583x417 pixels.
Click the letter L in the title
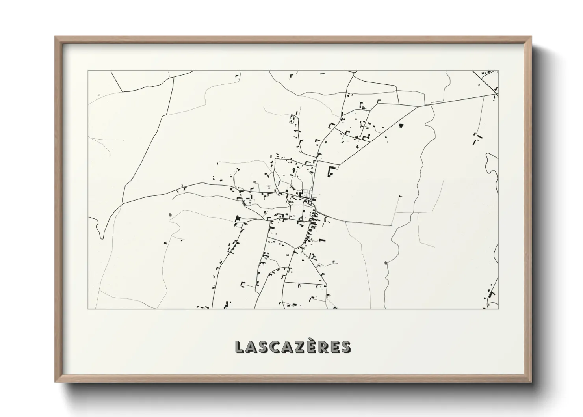[240, 347]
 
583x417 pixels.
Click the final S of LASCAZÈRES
[345, 347]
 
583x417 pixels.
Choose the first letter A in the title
[252, 347]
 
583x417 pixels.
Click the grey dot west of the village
[170, 215]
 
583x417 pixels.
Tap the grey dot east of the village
[385, 263]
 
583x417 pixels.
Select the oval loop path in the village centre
[297, 182]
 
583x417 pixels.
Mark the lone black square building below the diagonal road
[401, 126]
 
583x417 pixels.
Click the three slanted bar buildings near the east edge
[477, 139]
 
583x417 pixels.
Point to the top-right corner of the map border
[498, 71]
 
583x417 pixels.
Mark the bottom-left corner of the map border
[88, 309]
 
